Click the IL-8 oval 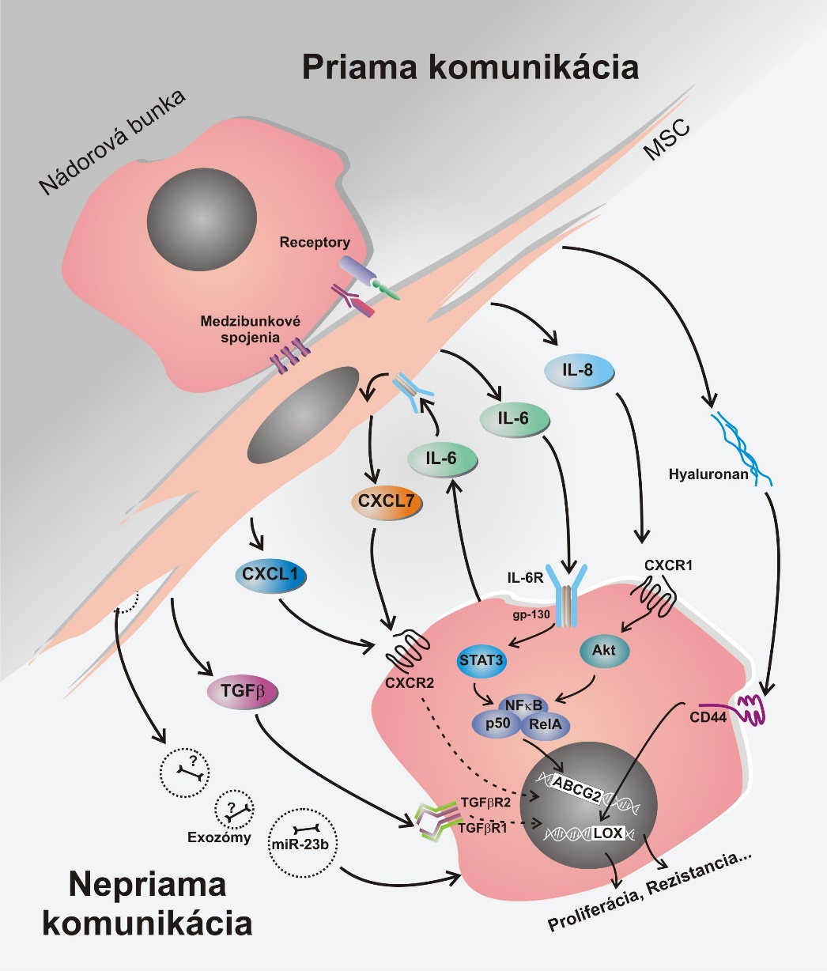pyautogui.click(x=579, y=371)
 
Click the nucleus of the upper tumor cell pyautogui.click(x=202, y=217)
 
